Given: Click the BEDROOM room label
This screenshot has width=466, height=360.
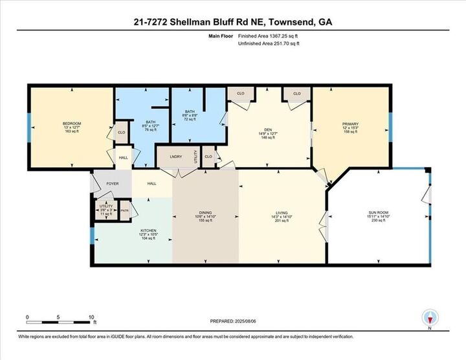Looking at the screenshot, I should click(x=71, y=123).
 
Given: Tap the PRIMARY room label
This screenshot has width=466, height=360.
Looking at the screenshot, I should click(x=349, y=123).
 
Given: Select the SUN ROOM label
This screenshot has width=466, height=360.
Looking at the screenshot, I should click(x=377, y=213).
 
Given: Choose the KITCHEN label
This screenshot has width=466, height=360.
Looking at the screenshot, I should click(x=149, y=231).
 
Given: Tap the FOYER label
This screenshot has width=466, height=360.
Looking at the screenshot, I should click(x=111, y=184).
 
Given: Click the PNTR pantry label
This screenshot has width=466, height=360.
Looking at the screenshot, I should click(x=125, y=210).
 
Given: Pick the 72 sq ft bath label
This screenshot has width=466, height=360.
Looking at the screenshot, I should click(x=190, y=112).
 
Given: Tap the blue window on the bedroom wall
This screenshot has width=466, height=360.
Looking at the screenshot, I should click(x=28, y=127).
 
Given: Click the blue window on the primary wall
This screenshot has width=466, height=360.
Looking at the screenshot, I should click(x=390, y=125).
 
